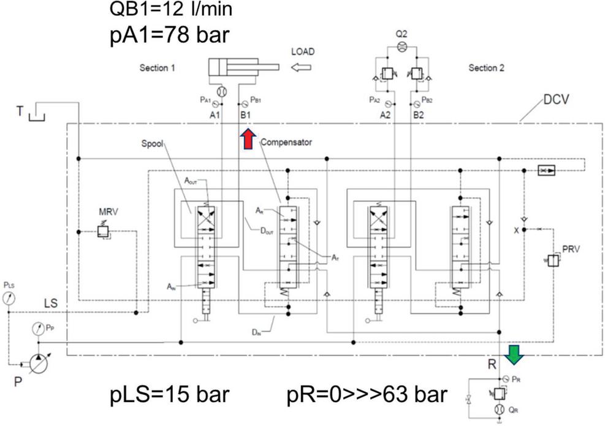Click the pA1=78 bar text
(168, 34)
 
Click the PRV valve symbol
(552, 260)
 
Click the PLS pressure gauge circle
(9, 299)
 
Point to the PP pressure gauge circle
(37, 330)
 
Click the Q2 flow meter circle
(402, 46)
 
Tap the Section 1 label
(157, 68)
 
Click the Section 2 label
(486, 68)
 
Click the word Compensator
(286, 142)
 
